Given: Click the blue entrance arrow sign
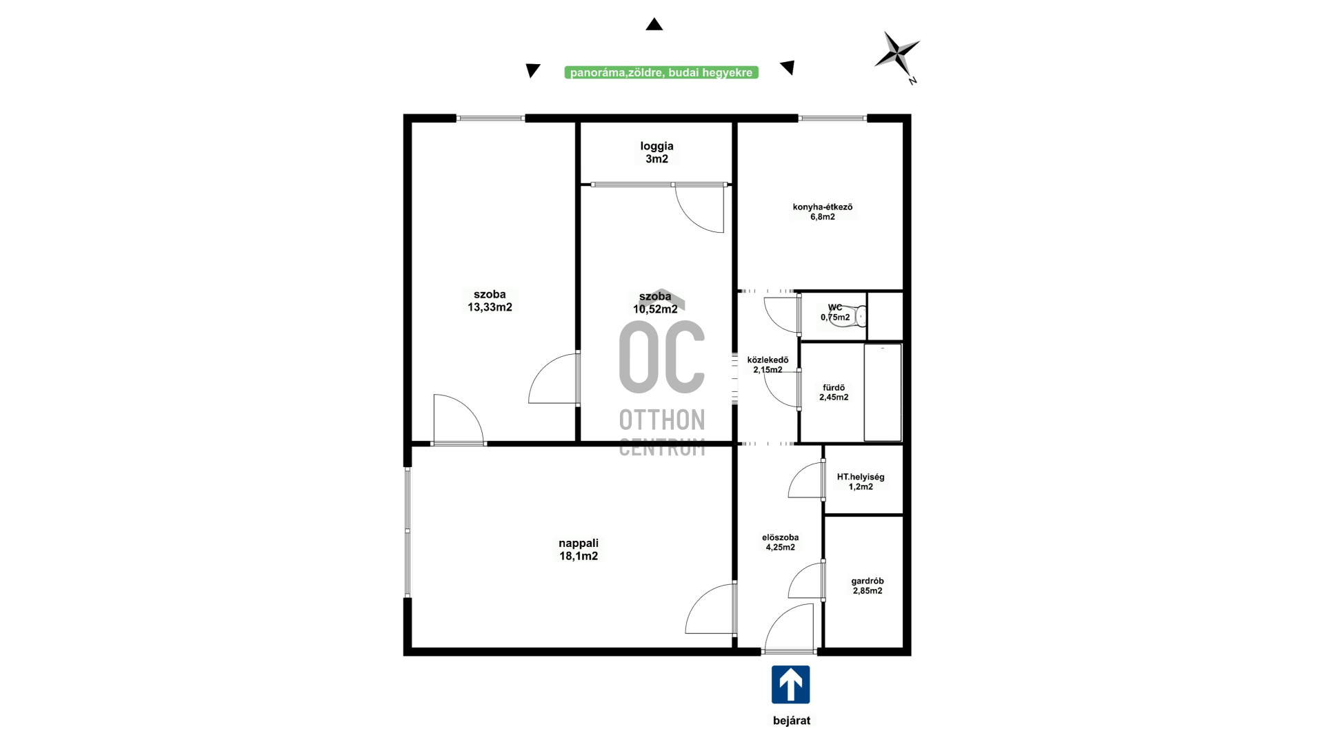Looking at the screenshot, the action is point(790,684).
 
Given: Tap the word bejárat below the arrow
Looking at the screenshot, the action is point(792,721).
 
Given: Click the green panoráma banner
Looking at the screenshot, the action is point(661,72).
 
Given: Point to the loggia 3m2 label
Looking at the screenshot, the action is point(656,152).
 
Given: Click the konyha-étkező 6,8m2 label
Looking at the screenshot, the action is point(823,211).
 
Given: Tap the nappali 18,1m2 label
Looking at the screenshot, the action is point(579,550).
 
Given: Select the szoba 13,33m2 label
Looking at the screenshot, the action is point(490,301).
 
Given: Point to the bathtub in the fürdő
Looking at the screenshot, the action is point(883,392).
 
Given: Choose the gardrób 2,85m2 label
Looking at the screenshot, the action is point(867,586).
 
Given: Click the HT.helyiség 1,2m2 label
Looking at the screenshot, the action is point(861,482).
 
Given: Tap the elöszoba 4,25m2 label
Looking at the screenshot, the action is point(781,542).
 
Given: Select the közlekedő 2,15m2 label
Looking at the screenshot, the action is point(768,364).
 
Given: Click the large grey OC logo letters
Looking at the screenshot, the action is point(662,357).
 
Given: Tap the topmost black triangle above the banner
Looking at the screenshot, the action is point(654,24).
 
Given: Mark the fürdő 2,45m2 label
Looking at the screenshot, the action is point(834,392).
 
